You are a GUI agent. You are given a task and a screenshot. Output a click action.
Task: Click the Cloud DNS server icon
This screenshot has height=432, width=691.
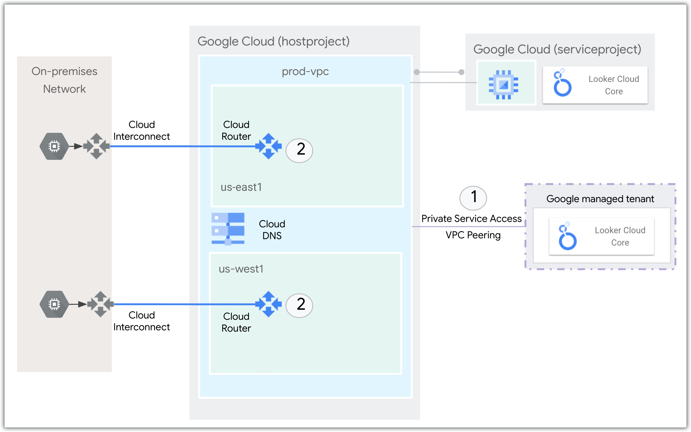[x=228, y=229]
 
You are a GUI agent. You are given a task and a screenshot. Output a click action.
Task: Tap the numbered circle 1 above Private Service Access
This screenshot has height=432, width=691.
[x=473, y=198]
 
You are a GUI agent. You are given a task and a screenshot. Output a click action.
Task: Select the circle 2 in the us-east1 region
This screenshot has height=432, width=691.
[x=299, y=150]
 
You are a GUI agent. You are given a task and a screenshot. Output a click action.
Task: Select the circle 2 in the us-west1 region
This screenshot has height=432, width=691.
[x=299, y=305]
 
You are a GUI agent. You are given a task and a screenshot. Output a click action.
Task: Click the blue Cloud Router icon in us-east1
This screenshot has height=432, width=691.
[x=268, y=146]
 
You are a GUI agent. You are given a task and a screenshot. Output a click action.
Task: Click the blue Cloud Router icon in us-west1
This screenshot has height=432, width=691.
[x=268, y=304]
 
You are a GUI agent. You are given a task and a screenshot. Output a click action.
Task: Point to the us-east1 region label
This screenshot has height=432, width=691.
[x=241, y=187]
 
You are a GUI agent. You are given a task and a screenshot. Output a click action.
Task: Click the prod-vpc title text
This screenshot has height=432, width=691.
[x=305, y=71]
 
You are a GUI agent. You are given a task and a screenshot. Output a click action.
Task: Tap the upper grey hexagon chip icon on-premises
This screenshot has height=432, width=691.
[x=54, y=146]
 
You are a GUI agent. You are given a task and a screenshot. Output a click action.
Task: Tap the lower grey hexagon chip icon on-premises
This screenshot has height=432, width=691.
[x=54, y=304]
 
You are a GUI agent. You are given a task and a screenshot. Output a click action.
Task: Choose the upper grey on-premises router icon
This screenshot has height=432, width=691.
[x=96, y=146]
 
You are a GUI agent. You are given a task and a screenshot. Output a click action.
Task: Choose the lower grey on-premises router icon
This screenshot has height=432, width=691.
[x=100, y=304]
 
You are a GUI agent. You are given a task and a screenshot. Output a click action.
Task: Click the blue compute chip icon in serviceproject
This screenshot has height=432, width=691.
[x=503, y=84]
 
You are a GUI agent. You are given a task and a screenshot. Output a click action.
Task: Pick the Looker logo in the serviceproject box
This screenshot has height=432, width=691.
[x=562, y=83]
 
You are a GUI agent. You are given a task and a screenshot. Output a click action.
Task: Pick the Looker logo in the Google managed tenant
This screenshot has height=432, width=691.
[x=567, y=236]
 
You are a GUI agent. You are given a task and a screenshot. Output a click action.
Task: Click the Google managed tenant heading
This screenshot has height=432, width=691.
[x=600, y=199]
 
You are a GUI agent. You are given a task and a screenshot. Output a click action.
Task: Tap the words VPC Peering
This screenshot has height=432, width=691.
[x=473, y=235]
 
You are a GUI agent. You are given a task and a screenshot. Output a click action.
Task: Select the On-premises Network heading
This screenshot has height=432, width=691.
[x=64, y=80]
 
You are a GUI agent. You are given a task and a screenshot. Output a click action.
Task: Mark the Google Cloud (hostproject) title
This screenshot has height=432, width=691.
[x=273, y=41]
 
